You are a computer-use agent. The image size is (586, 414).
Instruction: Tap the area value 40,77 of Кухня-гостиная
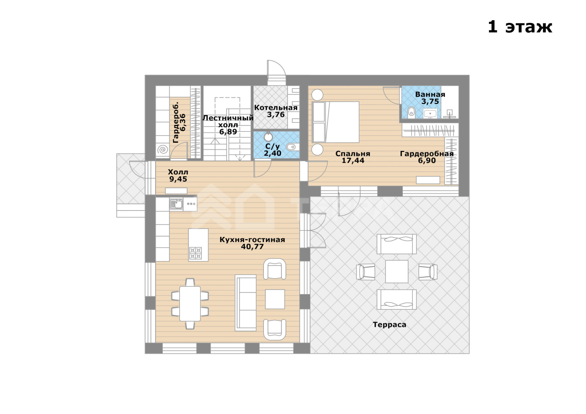pyautogui.click(x=252, y=247)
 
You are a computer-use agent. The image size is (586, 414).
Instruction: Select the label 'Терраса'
pyautogui.click(x=389, y=325)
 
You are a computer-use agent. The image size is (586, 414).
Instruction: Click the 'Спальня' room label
pyautogui.click(x=353, y=154)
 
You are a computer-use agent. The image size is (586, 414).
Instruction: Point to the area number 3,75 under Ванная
pyautogui.click(x=430, y=102)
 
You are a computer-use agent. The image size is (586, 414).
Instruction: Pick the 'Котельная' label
pyautogui.click(x=276, y=108)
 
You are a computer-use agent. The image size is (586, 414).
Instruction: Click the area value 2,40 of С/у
pyautogui.click(x=272, y=153)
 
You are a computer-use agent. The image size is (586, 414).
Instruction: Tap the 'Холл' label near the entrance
pyautogui.click(x=178, y=172)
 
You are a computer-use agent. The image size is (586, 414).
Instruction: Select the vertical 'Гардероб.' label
pyautogui.click(x=176, y=122)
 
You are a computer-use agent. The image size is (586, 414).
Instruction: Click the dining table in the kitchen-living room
pyautogui.click(x=190, y=304)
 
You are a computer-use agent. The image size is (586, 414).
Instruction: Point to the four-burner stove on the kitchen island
pyautogui.click(x=195, y=253)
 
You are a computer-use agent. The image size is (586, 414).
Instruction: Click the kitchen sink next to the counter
pyautogui.click(x=176, y=204)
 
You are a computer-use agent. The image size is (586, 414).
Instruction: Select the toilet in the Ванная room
pyautogui.click(x=411, y=112)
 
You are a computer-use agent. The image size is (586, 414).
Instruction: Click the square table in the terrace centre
pyautogui.click(x=396, y=271)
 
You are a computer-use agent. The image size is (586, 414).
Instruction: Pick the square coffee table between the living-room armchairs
pyautogui.click(x=275, y=299)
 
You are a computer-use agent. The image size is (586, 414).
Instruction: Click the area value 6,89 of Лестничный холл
pyautogui.click(x=228, y=132)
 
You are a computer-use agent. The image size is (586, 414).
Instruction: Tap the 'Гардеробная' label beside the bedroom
pyautogui.click(x=427, y=154)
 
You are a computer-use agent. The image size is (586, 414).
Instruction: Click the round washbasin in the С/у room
pyautogui.click(x=268, y=137)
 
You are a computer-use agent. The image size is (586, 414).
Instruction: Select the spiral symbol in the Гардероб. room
pyautogui.click(x=163, y=150)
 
